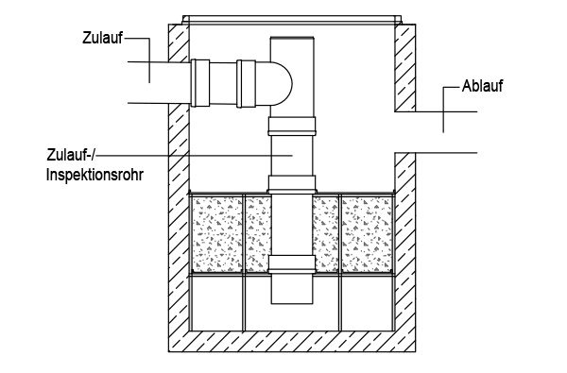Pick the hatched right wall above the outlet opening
[x=404, y=66]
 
